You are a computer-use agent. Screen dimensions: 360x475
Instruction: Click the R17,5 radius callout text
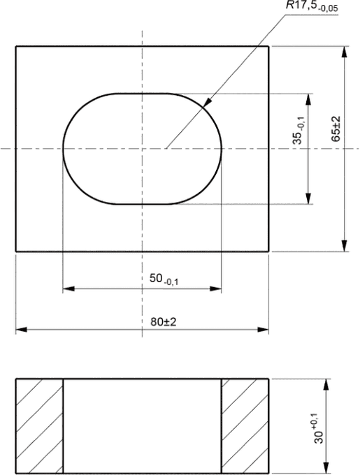tap(312, 6)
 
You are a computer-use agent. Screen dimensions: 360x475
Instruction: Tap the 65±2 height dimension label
tap(336, 129)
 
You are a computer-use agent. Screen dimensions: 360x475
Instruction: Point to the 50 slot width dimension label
tap(164, 279)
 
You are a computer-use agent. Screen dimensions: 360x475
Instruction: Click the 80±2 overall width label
tap(164, 322)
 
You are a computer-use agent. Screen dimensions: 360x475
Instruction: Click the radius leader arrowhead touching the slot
tap(207, 103)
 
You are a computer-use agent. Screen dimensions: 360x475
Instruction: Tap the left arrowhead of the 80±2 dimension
tap(21, 330)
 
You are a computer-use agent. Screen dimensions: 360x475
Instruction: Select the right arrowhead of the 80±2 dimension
tap(263, 330)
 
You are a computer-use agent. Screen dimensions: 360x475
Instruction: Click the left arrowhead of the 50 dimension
tap(69, 288)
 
